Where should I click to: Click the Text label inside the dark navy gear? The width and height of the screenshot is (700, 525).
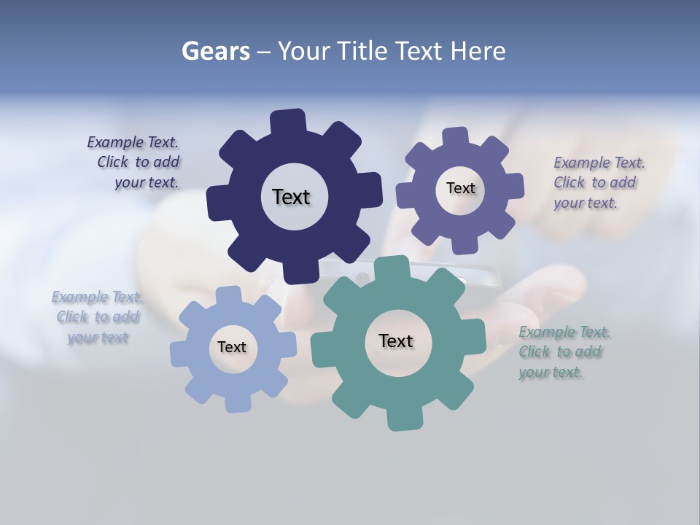[291, 197]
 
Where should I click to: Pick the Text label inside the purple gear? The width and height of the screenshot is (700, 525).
[460, 188]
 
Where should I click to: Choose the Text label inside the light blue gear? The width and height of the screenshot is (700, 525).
[231, 347]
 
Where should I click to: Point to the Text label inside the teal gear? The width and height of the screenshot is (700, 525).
[395, 341]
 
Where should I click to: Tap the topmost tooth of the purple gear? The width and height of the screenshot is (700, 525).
[456, 136]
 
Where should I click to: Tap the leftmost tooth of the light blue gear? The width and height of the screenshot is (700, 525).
[179, 354]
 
